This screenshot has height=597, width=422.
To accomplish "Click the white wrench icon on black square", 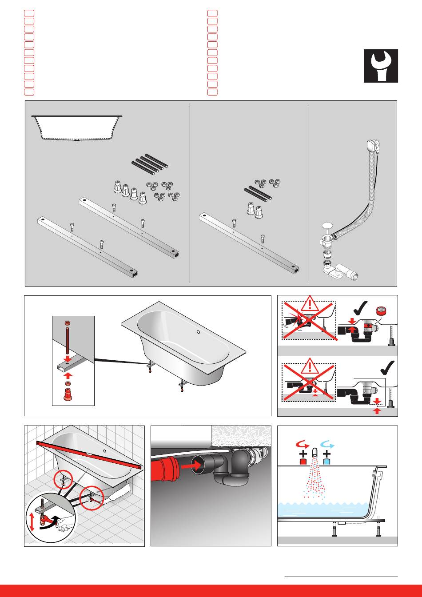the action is coord(381,66).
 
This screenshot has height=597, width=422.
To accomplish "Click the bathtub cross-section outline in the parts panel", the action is coord(77,127).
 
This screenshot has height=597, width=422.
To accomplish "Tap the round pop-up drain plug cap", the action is coord(327,226).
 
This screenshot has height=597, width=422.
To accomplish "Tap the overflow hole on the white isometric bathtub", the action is coord(198,331).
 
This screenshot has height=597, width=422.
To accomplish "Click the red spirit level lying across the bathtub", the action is coord(89,453).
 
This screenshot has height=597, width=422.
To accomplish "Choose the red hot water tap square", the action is coord(303,462).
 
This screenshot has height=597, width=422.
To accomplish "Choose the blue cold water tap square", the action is coord(327,462).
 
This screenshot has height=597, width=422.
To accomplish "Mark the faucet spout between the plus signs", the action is coord(315,454).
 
